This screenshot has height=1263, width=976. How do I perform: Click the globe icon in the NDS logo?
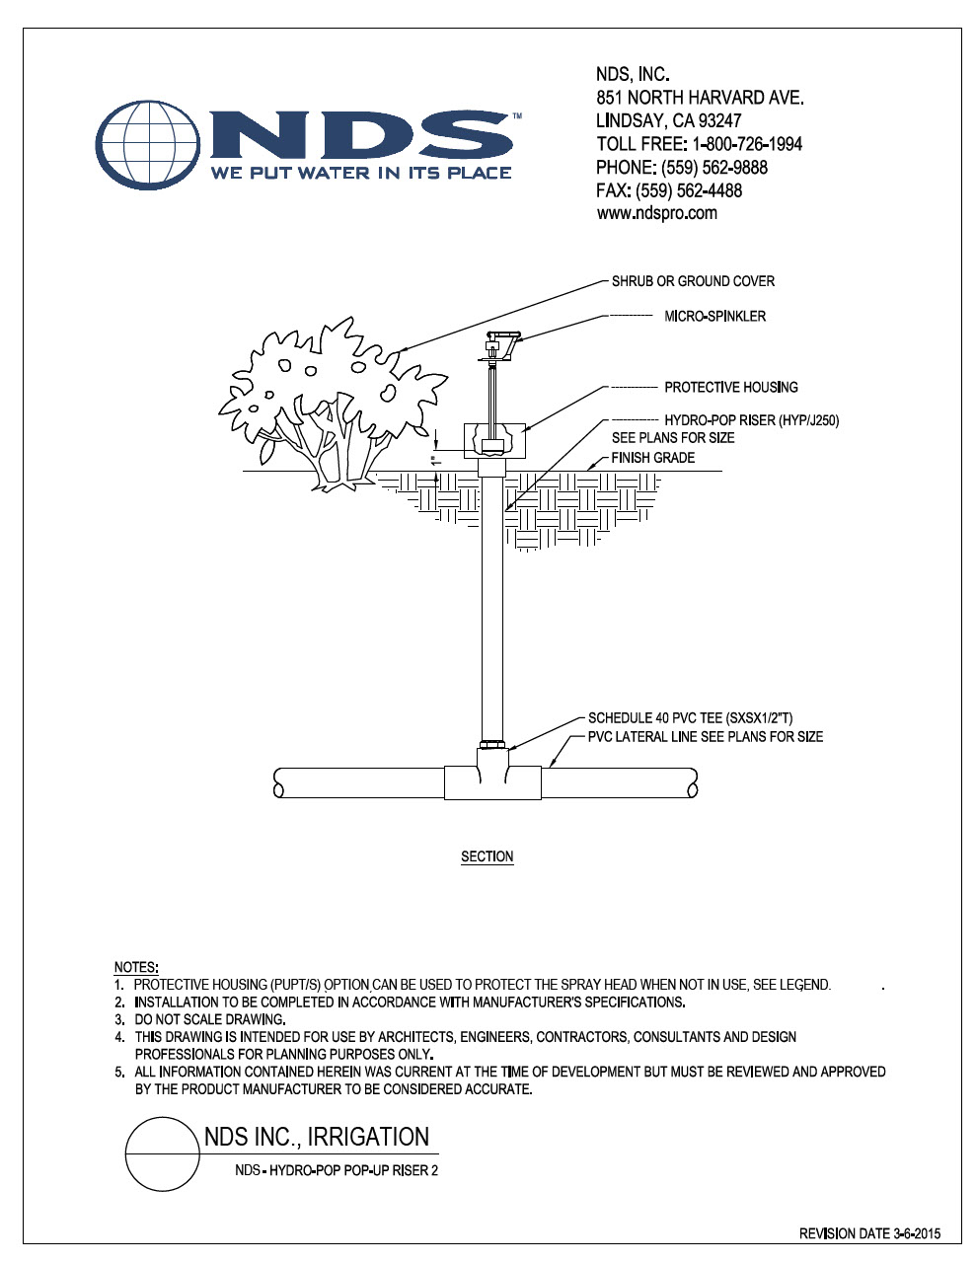click(x=148, y=145)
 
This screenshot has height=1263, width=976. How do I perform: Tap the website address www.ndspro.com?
click(x=656, y=213)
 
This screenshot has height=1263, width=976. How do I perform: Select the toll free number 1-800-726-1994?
click(x=747, y=143)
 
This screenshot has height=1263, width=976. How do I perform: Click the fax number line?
click(x=669, y=190)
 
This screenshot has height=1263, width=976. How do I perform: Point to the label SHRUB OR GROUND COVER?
click(x=693, y=281)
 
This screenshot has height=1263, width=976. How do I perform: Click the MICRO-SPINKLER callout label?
click(x=715, y=316)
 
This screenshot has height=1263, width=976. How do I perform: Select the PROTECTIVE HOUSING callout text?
click(x=730, y=387)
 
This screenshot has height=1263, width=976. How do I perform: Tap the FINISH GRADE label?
click(x=652, y=458)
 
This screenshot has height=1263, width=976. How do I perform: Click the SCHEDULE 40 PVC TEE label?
click(x=690, y=718)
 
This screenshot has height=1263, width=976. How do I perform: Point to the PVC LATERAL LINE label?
click(x=706, y=737)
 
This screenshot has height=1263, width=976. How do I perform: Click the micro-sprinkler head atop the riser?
click(x=499, y=347)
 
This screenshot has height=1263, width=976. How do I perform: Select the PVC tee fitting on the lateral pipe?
click(x=493, y=774)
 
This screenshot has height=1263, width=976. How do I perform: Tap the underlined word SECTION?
click(x=488, y=856)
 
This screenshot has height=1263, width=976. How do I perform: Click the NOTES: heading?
click(x=136, y=968)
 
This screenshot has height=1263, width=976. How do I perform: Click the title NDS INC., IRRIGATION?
click(x=317, y=1137)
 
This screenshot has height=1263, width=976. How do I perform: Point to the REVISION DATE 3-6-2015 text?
click(x=869, y=1233)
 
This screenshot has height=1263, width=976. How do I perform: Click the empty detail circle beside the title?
click(x=163, y=1154)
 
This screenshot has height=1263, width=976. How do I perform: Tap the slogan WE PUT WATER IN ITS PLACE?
click(x=361, y=173)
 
